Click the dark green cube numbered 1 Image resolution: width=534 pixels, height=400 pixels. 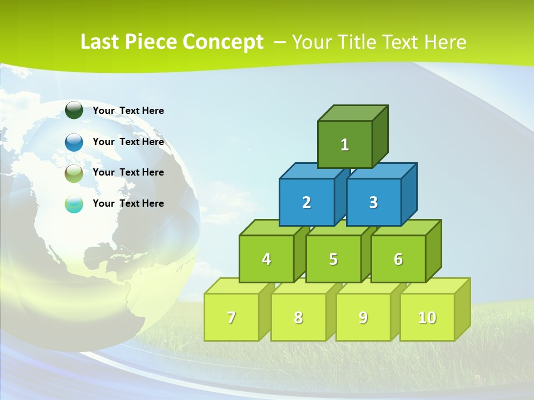(345, 144)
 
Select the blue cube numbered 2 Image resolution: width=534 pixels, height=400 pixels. (306, 202)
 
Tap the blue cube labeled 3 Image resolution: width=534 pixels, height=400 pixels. (373, 202)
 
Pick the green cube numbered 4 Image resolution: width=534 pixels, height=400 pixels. (266, 259)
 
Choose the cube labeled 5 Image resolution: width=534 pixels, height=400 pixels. (333, 259)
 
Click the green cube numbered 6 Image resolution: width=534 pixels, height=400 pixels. (398, 259)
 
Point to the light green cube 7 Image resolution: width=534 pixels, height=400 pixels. (231, 317)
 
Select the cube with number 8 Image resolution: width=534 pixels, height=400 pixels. (298, 317)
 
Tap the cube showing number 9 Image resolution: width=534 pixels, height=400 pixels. (363, 317)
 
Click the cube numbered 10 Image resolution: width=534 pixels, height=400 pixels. (427, 317)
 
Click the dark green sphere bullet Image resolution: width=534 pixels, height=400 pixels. (74, 110)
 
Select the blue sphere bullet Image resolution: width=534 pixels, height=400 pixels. (74, 142)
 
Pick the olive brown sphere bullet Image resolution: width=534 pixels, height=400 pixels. (74, 173)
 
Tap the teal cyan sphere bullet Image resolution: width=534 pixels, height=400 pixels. (74, 204)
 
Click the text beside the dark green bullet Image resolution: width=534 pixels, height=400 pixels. (128, 111)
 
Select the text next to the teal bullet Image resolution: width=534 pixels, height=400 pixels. (128, 203)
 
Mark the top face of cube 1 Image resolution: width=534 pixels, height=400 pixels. (353, 113)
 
